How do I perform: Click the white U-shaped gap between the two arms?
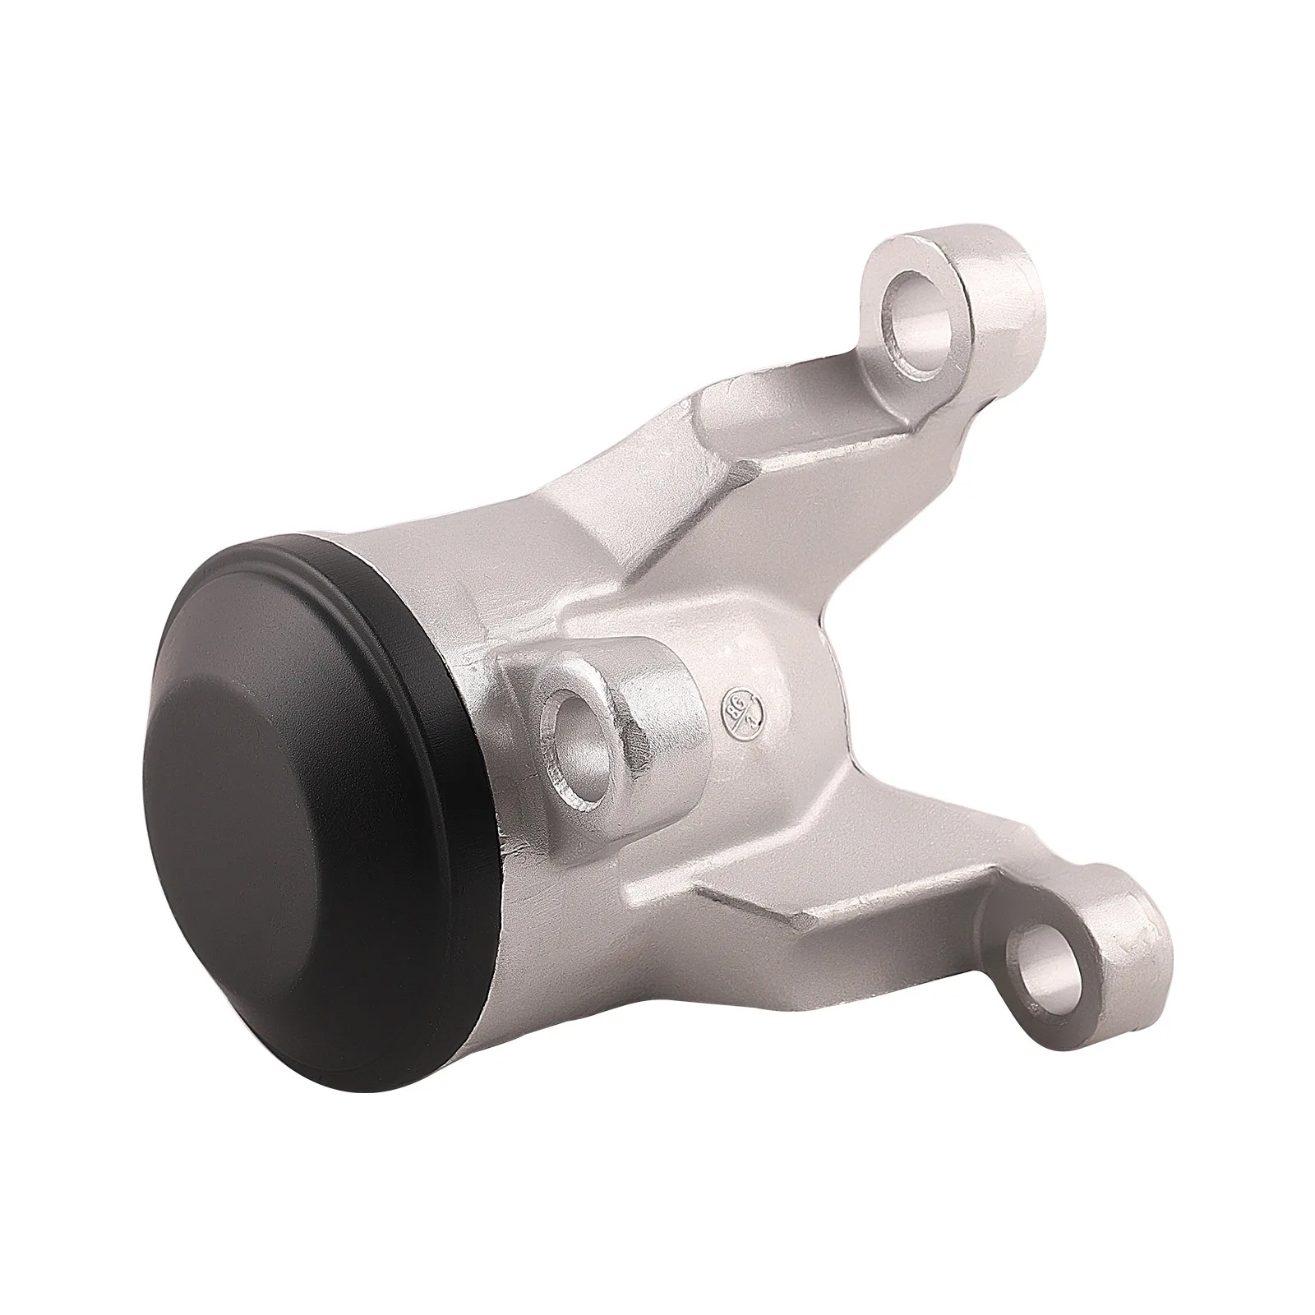point(1027,657)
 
